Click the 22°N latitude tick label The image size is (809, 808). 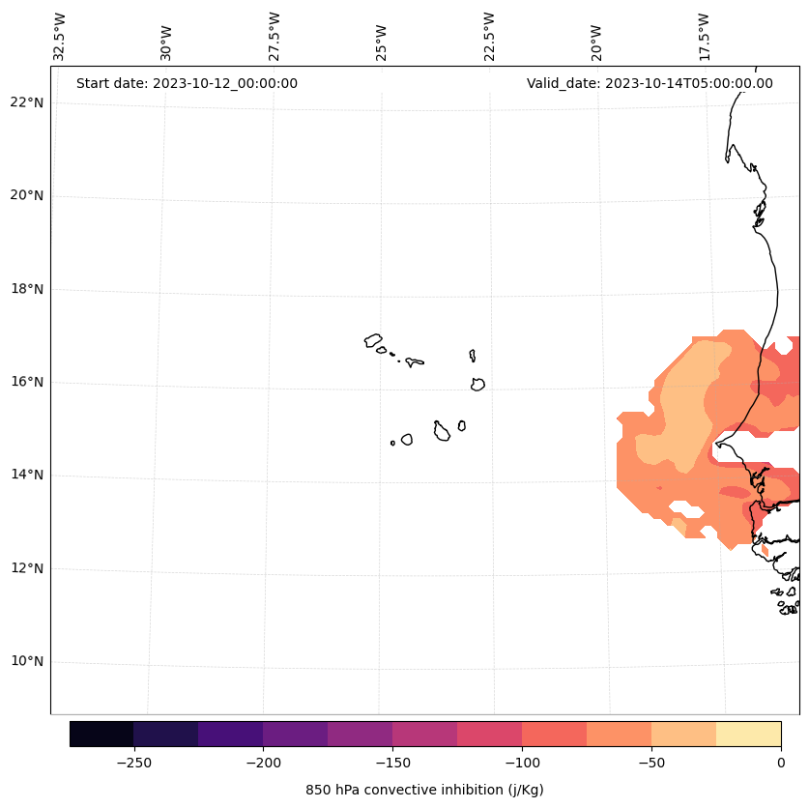pyautogui.click(x=27, y=102)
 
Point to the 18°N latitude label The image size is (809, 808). pyautogui.click(x=27, y=289)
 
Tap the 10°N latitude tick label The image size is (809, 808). pyautogui.click(x=27, y=662)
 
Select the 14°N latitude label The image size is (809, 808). pyautogui.click(x=27, y=476)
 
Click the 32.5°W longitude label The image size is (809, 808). pyautogui.click(x=60, y=37)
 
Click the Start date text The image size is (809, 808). pyautogui.click(x=187, y=83)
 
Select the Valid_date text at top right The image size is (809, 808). pyautogui.click(x=650, y=83)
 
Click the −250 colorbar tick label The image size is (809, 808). pyautogui.click(x=133, y=763)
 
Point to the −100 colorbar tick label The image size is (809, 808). pyautogui.click(x=522, y=763)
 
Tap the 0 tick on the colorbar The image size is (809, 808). pyautogui.click(x=781, y=763)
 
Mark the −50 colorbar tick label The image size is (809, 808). pyautogui.click(x=651, y=763)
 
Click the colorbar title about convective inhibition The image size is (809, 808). pyautogui.click(x=424, y=790)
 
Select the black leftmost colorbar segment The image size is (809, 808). pyautogui.click(x=101, y=735)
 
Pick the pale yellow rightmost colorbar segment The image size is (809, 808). pyautogui.click(x=749, y=735)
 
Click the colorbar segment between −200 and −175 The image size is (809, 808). pyautogui.click(x=295, y=735)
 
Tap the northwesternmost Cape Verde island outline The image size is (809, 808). pyautogui.click(x=373, y=340)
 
